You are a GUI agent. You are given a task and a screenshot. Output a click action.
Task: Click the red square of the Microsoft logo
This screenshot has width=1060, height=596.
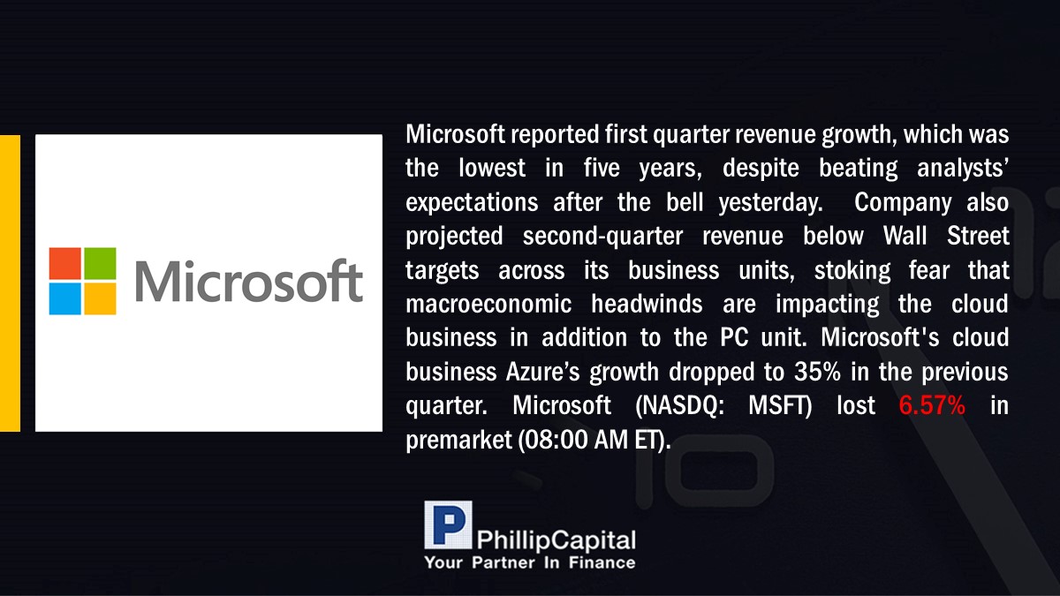click(x=64, y=263)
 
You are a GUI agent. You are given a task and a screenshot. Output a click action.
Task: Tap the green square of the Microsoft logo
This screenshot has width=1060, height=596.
click(x=100, y=263)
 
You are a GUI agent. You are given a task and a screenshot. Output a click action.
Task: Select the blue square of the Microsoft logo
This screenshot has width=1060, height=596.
click(x=64, y=298)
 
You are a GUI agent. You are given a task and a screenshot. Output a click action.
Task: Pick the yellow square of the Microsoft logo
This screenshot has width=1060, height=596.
click(x=100, y=298)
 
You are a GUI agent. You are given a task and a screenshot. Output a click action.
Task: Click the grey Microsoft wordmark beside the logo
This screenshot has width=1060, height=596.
click(x=249, y=281)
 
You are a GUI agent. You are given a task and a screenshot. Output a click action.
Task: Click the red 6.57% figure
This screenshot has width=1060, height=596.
click(x=932, y=405)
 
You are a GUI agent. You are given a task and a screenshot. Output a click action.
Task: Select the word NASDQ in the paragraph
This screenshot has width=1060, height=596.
click(x=679, y=405)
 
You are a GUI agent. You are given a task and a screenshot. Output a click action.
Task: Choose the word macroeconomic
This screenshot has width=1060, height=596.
click(x=488, y=304)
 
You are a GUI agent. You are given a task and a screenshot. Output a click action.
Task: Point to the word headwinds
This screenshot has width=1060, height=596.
click(x=647, y=304)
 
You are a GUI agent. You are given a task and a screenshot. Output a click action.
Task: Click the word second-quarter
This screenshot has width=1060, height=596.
click(x=602, y=236)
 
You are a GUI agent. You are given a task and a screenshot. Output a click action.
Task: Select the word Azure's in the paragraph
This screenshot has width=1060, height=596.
click(x=542, y=372)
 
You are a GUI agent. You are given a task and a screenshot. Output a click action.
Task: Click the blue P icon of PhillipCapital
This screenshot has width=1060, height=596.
click(x=448, y=524)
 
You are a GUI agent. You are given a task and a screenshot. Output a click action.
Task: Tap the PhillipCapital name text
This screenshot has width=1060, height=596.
click(x=556, y=540)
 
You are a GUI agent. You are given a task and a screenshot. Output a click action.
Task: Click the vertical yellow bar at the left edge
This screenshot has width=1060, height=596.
click(x=10, y=283)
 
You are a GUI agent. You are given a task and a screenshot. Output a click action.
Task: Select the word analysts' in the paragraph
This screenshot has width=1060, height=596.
click(x=963, y=169)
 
